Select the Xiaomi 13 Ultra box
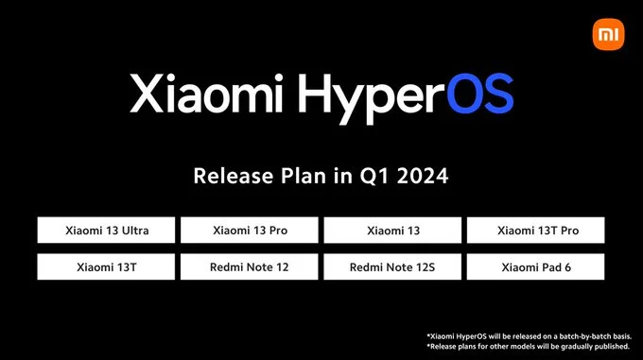pos(107,231)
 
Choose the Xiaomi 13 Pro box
pos(250,231)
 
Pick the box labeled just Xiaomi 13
pos(392,231)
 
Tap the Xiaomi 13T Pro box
pos(536,231)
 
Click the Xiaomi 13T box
pos(107,267)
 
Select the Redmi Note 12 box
pos(250,267)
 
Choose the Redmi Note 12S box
pos(392,267)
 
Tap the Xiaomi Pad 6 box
pos(536,267)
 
